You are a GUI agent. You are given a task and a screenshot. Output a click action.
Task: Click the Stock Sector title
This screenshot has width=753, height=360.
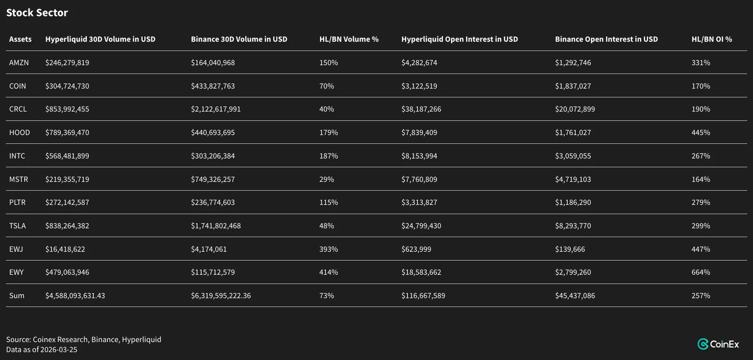(x=37, y=13)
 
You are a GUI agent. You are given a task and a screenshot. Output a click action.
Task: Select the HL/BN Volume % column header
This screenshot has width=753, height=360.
(x=349, y=39)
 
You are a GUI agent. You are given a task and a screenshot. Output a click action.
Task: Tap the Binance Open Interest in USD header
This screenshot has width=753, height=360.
(x=607, y=39)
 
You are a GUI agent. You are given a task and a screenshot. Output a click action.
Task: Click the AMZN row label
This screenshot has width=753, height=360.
(x=19, y=63)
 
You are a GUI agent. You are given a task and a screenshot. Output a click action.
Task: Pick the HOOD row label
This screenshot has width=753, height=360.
(x=19, y=132)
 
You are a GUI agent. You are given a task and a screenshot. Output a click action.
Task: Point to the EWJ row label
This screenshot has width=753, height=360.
(x=16, y=249)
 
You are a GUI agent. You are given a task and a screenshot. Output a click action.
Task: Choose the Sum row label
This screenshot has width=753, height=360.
(x=17, y=296)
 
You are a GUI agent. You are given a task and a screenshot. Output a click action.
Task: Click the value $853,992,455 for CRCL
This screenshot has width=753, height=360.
(x=67, y=109)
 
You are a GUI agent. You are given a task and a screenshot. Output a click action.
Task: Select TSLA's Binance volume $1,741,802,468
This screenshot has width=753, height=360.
(x=216, y=225)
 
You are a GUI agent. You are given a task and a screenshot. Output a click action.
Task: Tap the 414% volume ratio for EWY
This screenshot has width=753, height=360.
(x=328, y=272)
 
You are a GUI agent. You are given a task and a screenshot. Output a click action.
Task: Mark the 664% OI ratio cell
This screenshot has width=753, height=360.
(x=701, y=272)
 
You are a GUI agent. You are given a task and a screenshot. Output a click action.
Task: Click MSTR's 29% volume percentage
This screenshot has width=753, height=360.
(x=327, y=179)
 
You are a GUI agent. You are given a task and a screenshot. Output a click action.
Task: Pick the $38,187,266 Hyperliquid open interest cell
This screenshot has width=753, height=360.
(x=421, y=109)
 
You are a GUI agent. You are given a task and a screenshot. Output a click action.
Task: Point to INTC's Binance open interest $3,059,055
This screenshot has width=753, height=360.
(x=573, y=156)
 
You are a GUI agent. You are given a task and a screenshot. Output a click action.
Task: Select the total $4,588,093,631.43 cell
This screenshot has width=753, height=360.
(x=75, y=296)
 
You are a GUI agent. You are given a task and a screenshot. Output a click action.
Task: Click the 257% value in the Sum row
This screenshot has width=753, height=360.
(x=701, y=296)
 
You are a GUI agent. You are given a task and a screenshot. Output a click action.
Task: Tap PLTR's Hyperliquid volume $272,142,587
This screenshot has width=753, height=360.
(x=67, y=202)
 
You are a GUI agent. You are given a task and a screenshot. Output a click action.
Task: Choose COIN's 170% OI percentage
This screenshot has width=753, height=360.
(x=701, y=86)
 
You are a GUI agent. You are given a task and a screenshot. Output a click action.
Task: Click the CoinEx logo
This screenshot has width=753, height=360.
(x=718, y=344)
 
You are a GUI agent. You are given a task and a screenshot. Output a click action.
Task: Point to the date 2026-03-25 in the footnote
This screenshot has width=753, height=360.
(x=58, y=350)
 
